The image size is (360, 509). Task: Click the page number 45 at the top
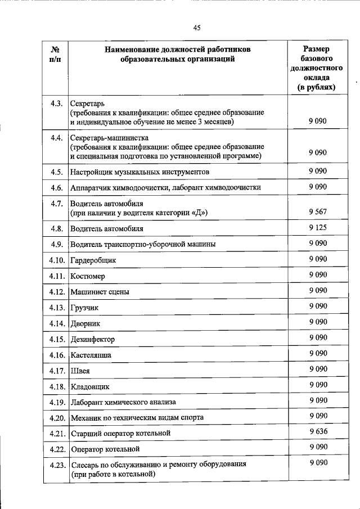tap(196, 28)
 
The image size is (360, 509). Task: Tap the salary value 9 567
tap(317, 211)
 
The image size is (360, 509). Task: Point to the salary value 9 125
tap(317, 228)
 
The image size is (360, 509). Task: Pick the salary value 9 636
tap(317, 431)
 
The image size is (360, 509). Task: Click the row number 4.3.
tap(56, 104)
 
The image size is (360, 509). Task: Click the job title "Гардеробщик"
tap(91, 260)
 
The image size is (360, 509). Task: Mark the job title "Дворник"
tap(85, 324)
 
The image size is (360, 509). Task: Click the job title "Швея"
tap(80, 371)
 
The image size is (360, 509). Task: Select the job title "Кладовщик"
tap(89, 387)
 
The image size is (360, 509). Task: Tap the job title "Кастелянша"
tap(91, 355)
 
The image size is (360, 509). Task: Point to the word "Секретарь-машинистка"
tap(106, 137)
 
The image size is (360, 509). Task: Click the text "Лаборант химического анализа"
tap(123, 402)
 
